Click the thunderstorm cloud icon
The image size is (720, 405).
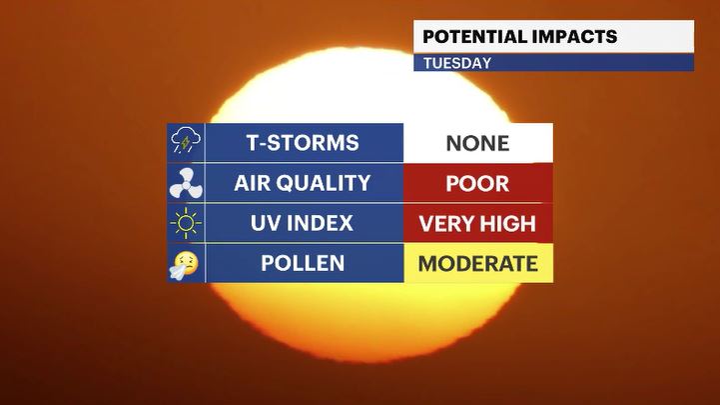[186, 140]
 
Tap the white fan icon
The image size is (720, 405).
[186, 183]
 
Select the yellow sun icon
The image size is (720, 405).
[186, 223]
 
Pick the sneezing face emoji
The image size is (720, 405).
[184, 265]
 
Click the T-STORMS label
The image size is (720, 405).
[303, 143]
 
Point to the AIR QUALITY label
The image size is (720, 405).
[303, 183]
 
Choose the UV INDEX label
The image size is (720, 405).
[302, 223]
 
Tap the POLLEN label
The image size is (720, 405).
[303, 263]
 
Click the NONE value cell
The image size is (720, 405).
[478, 143]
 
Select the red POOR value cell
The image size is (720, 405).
[478, 183]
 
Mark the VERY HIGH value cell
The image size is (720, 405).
[478, 223]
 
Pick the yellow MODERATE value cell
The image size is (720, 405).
[478, 263]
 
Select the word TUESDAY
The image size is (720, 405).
[457, 63]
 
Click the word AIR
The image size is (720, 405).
[252, 183]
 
